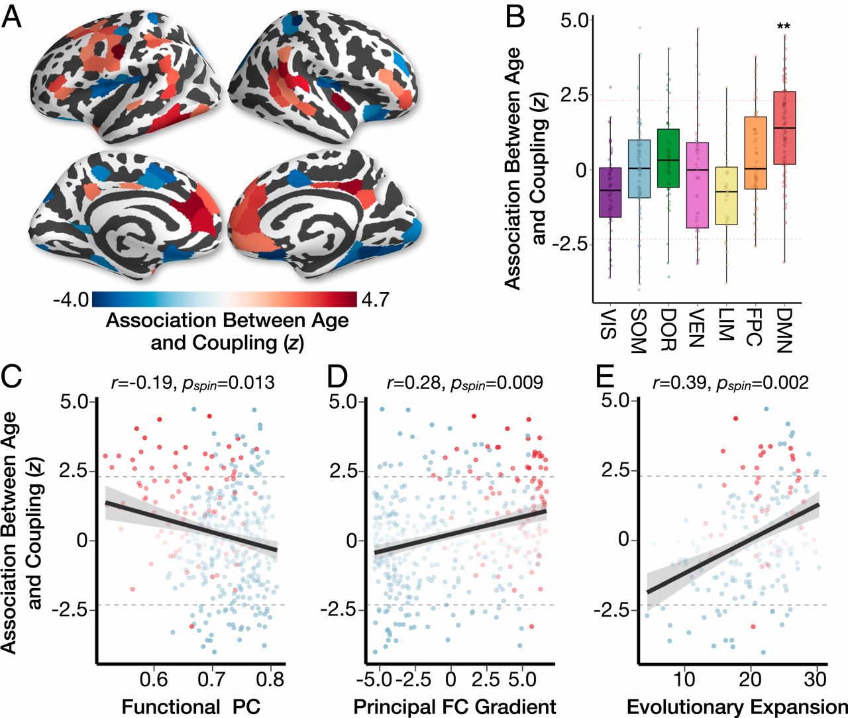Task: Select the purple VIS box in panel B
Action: click(x=609, y=192)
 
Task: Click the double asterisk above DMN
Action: click(x=784, y=27)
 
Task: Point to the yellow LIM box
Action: click(x=727, y=195)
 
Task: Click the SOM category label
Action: click(x=638, y=331)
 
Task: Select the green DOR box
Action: click(x=668, y=158)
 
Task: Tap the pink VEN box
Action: click(x=697, y=185)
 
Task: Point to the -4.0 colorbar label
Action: click(x=71, y=300)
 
